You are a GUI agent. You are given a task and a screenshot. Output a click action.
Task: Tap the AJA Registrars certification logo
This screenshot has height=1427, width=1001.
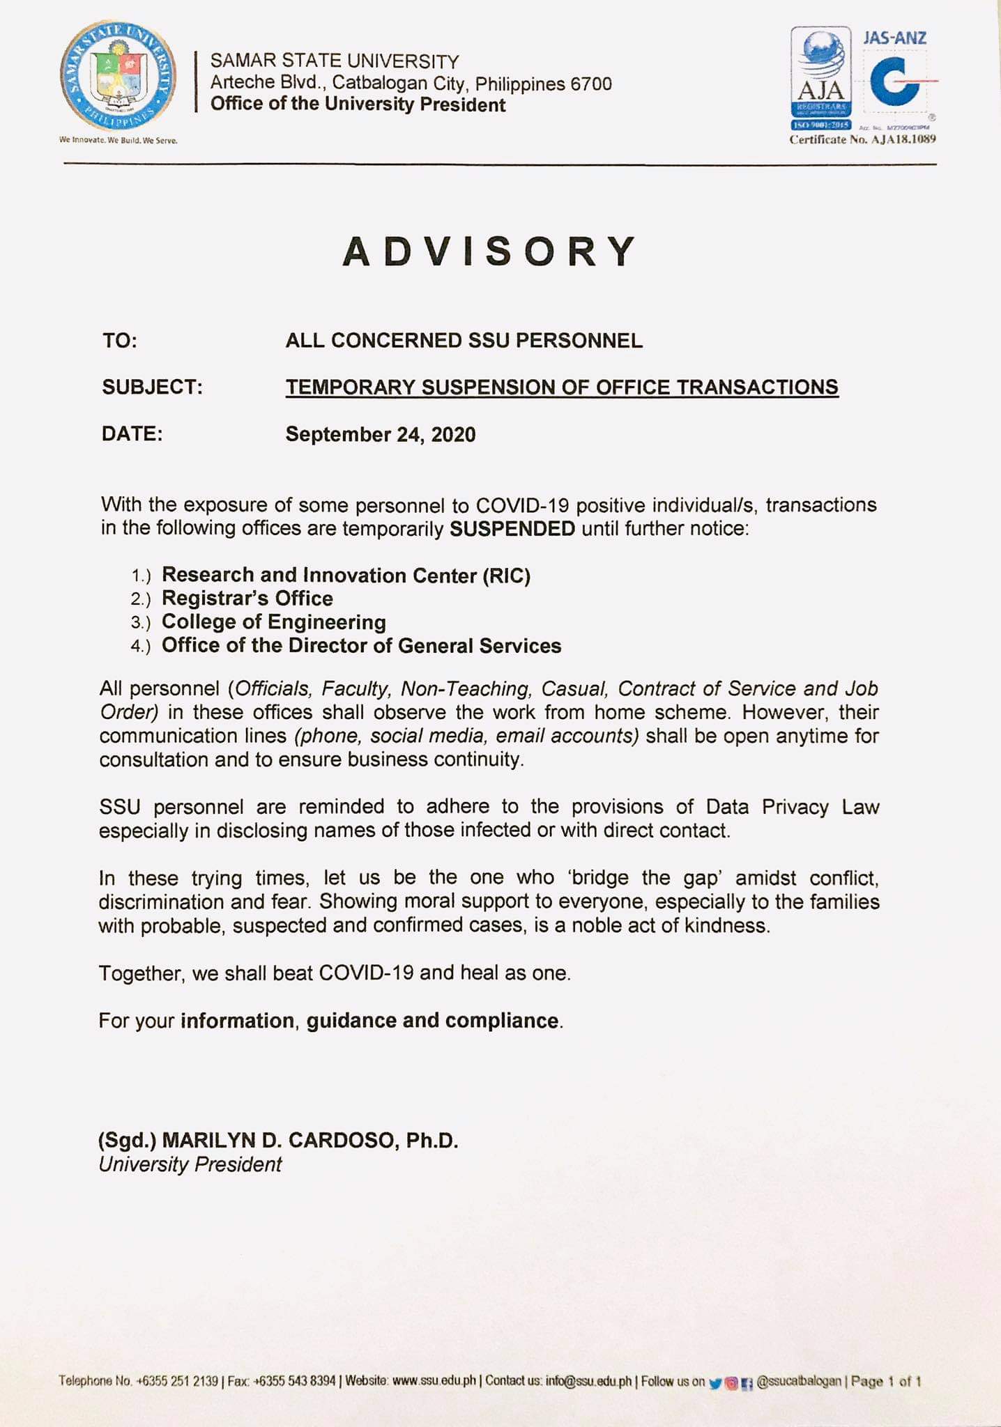(x=820, y=79)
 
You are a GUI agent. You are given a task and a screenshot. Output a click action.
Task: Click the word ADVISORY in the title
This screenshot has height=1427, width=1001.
(x=490, y=252)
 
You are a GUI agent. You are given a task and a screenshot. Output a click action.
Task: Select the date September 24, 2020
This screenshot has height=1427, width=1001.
(x=381, y=434)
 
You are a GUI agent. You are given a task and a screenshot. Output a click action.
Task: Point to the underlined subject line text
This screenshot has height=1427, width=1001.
(x=562, y=387)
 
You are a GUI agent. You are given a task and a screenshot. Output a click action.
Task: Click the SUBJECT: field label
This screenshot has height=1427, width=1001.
(x=152, y=387)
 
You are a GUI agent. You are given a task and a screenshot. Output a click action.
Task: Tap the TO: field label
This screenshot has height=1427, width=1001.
(x=120, y=341)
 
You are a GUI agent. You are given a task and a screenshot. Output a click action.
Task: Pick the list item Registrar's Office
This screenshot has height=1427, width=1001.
(x=247, y=599)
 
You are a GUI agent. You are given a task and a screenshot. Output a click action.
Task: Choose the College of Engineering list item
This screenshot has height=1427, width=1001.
(x=274, y=622)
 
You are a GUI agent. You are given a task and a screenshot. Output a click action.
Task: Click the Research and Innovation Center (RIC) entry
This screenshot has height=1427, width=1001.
(x=346, y=576)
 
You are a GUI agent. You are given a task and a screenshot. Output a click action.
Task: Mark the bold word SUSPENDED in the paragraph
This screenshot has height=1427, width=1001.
(x=512, y=529)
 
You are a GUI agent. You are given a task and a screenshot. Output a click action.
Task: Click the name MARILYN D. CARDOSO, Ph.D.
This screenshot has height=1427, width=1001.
(x=310, y=1141)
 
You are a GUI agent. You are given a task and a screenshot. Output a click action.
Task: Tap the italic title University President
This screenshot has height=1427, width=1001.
(x=190, y=1164)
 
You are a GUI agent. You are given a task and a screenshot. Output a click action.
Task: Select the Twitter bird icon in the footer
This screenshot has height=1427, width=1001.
(x=715, y=1382)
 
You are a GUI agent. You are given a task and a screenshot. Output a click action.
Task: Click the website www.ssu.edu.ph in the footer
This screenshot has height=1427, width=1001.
(x=434, y=1380)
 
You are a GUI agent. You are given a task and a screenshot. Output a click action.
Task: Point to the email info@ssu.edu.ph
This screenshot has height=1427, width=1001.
(x=588, y=1380)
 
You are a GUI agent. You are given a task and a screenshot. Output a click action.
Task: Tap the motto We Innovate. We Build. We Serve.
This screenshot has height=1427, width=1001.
(x=119, y=140)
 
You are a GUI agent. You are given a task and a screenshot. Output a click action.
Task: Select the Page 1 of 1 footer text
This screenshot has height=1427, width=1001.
(x=886, y=1381)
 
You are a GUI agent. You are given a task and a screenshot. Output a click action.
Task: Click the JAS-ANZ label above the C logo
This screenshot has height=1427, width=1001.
(x=894, y=38)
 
